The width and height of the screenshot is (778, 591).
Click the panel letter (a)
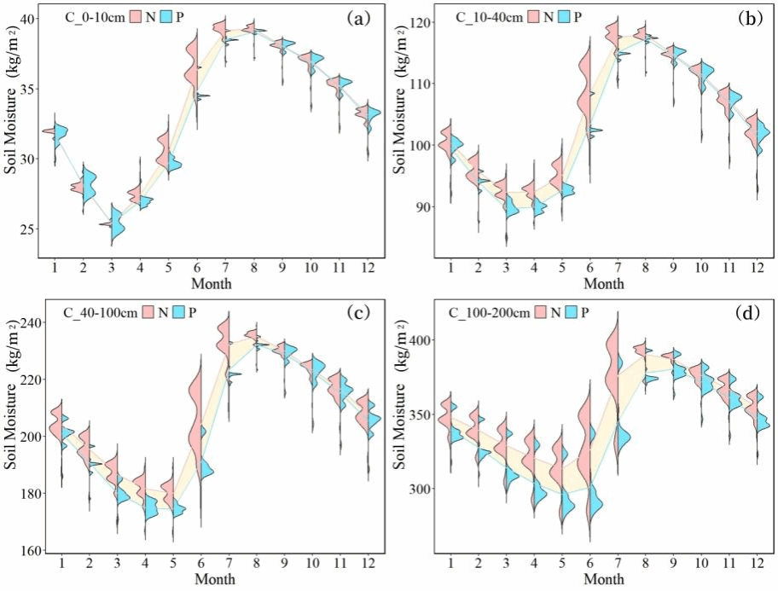357,17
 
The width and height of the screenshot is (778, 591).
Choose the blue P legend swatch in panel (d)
570,312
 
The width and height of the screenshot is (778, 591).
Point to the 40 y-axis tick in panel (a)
29,19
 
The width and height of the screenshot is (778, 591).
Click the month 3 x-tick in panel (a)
111,269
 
